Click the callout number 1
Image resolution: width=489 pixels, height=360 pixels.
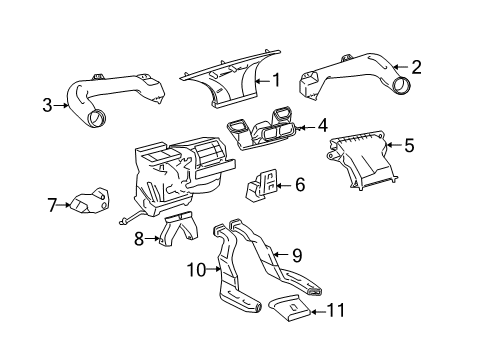click(x=276, y=80)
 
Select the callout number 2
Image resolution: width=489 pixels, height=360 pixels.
click(x=416, y=67)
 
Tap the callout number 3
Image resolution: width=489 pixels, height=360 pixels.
click(x=47, y=105)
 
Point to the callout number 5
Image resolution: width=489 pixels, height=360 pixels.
click(x=409, y=145)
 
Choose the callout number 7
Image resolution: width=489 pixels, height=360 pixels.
click(x=52, y=205)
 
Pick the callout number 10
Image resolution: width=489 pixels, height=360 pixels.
click(x=197, y=269)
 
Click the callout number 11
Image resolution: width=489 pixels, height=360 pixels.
click(x=336, y=310)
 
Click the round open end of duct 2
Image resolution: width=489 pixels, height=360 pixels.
click(x=401, y=85)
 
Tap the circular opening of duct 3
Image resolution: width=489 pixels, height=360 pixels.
click(x=97, y=118)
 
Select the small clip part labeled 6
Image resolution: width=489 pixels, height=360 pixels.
click(x=262, y=185)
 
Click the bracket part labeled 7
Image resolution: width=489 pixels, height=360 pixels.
click(x=89, y=200)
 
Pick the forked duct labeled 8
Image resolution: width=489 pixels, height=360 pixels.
click(x=178, y=229)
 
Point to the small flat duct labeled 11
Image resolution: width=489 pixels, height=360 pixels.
click(x=290, y=308)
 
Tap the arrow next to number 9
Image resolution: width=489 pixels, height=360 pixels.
click(x=281, y=255)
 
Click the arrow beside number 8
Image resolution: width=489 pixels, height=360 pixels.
click(x=152, y=238)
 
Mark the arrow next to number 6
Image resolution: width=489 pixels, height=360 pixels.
click(x=284, y=185)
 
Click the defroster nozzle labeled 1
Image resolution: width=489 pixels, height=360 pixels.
click(x=230, y=79)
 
